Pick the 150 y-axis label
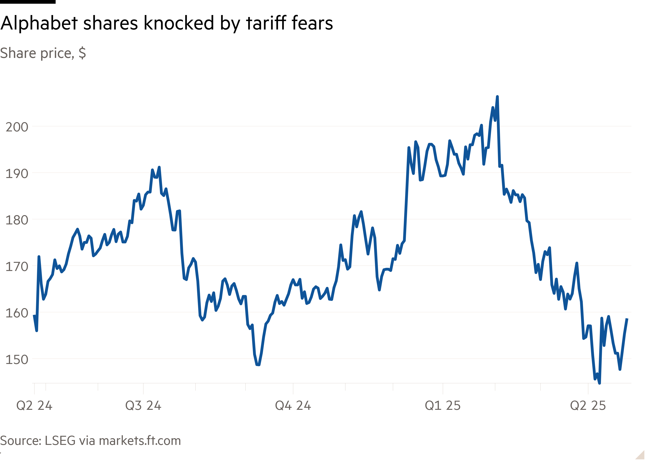point(17,360)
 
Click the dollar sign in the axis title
point(82,53)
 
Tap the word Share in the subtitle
point(18,53)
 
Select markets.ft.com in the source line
point(140,441)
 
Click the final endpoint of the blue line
point(627,319)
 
